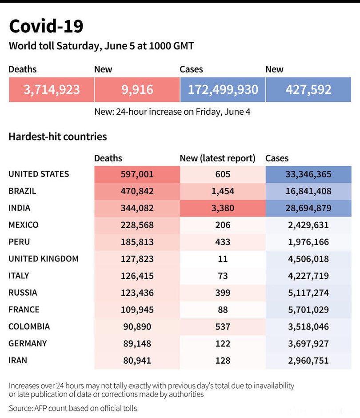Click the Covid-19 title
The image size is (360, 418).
[46, 27]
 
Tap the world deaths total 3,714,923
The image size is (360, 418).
[52, 89]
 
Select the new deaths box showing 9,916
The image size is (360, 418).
[137, 89]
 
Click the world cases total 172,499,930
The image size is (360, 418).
[223, 89]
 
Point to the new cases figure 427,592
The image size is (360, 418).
[308, 89]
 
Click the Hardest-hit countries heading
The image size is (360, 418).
[58, 137]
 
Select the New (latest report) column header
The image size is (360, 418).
[217, 158]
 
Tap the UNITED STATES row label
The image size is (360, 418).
[39, 174]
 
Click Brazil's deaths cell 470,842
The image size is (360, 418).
[137, 191]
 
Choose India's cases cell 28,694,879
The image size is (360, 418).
[308, 208]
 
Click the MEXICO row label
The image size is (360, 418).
[24, 225]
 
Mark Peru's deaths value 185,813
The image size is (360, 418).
[137, 242]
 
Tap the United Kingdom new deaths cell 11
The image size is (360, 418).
[223, 259]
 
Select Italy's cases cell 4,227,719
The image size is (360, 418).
[308, 276]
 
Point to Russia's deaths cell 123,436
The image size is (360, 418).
[137, 293]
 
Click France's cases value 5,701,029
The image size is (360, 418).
[308, 309]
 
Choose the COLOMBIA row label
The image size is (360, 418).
[29, 326]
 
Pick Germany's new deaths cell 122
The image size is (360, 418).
[223, 343]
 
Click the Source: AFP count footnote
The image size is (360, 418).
[73, 408]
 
